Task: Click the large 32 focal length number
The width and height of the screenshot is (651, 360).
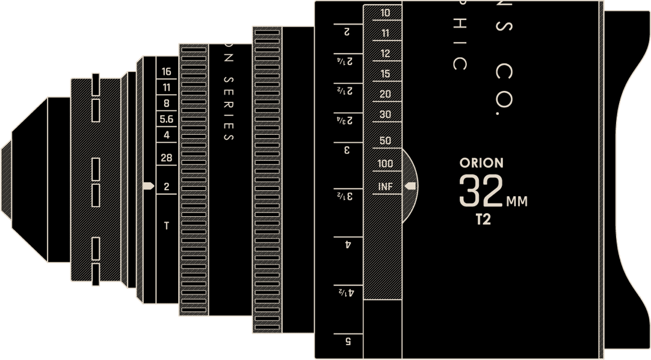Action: click(481, 191)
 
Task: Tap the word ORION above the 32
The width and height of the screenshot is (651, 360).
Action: click(481, 163)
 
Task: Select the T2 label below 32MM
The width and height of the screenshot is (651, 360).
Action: click(483, 220)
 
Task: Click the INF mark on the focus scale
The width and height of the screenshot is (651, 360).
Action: click(385, 187)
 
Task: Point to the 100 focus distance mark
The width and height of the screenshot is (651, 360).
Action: click(385, 164)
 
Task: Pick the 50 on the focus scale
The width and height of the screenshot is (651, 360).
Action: click(385, 141)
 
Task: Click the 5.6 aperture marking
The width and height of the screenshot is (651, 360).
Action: click(167, 119)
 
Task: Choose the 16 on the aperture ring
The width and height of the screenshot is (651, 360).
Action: click(167, 72)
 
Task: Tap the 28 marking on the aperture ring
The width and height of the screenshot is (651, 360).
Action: click(167, 158)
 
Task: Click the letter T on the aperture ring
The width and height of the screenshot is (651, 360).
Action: click(167, 226)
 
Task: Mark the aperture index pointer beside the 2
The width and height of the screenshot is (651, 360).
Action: click(147, 186)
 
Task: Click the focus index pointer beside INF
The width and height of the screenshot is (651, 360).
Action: click(411, 186)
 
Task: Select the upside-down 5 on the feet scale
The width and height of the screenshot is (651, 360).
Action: click(348, 341)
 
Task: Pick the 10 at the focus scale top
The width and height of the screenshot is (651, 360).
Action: click(385, 13)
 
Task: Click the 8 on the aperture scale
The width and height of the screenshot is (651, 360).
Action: click(167, 103)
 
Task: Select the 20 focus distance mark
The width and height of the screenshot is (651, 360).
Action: click(385, 94)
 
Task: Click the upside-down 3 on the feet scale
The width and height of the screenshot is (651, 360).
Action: click(347, 150)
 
